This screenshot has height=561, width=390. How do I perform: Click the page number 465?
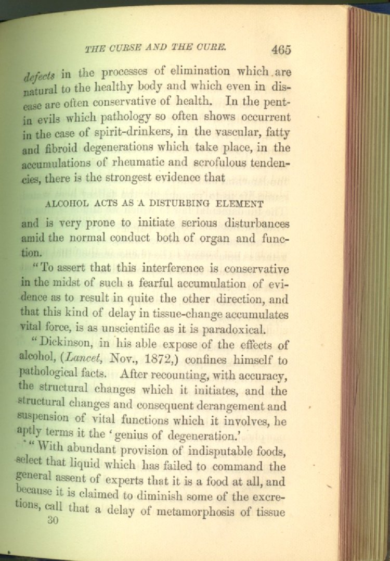[281, 50]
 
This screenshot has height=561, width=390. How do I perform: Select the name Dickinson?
[64, 345]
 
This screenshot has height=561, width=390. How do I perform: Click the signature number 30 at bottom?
[52, 520]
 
